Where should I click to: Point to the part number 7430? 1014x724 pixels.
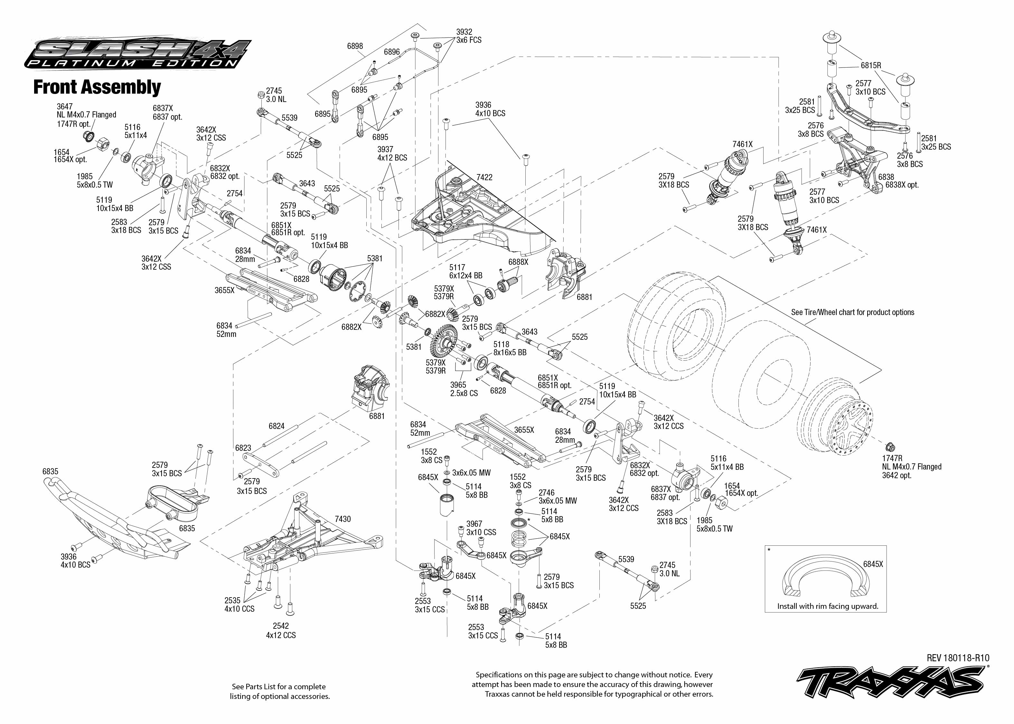coord(343,519)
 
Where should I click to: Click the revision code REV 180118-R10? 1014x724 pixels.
coord(958,658)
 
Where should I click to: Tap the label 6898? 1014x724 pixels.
coord(355,46)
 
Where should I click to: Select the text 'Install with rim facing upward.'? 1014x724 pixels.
coord(828,606)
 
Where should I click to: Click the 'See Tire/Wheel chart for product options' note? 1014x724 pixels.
coord(853,312)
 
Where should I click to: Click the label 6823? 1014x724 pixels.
coord(243,448)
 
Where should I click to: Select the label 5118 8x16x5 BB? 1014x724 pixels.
coord(510,348)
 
